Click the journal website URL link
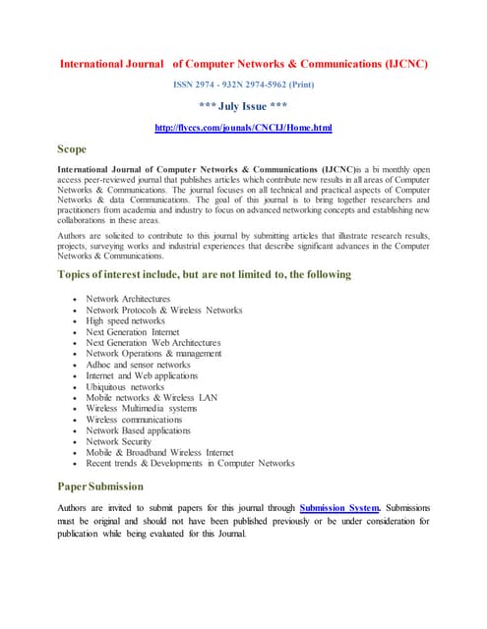244,129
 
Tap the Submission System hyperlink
340,507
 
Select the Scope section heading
73,149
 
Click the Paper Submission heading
100,486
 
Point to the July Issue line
244,108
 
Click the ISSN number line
244,86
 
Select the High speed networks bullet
125,320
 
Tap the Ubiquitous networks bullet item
125,386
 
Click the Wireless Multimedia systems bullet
141,408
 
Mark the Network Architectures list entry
128,299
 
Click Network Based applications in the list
138,430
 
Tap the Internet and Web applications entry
142,375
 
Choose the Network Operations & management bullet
153,354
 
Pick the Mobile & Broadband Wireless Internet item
159,452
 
